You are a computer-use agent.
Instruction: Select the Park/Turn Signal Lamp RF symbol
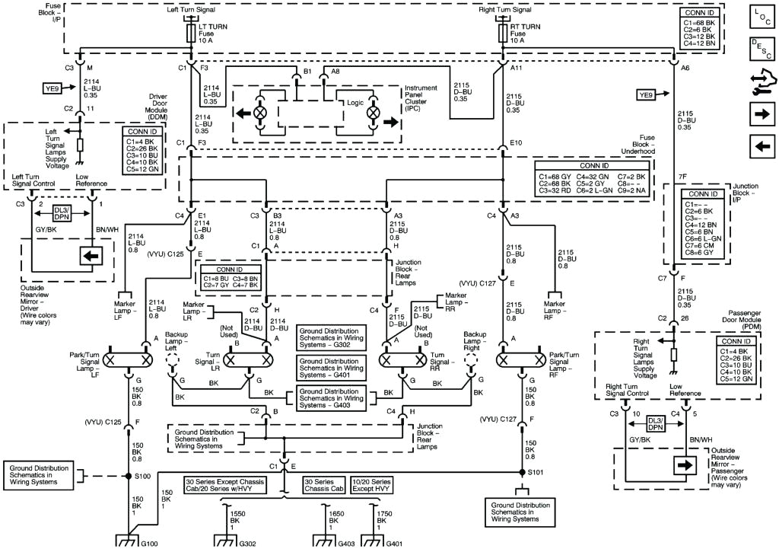point(519,358)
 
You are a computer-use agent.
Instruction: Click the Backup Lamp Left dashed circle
point(173,359)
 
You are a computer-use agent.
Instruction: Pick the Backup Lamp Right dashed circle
point(476,359)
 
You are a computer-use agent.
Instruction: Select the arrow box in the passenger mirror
point(682,464)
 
